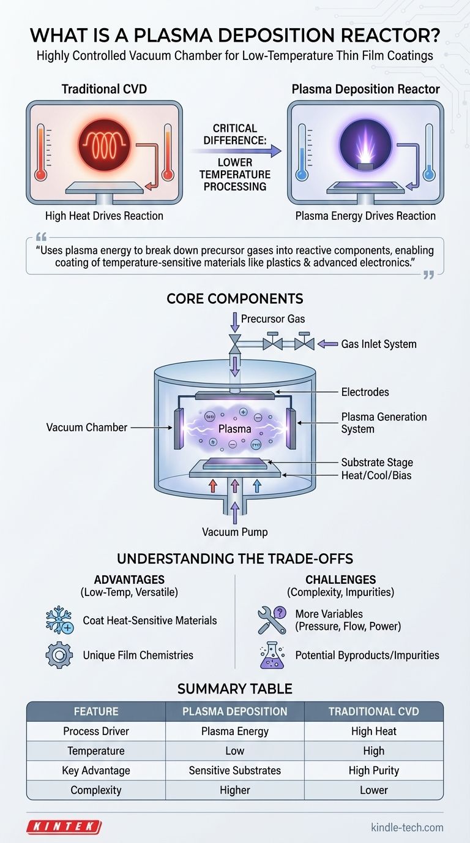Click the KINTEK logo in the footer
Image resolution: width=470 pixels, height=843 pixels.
64,826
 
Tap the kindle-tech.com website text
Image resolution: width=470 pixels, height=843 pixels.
407,827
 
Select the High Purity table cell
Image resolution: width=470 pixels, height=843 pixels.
373,770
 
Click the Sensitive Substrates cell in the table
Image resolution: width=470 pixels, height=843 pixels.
235,770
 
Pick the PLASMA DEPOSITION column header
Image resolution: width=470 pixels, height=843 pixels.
235,711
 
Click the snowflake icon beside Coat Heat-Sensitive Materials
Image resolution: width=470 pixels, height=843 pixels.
59,620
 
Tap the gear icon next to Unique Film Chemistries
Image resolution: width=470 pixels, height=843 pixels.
59,655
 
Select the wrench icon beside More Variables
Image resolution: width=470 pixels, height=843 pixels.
271,620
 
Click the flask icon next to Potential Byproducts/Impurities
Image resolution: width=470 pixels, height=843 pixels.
271,655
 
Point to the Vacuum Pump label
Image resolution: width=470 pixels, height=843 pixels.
235,532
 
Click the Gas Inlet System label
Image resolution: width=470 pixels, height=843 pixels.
379,344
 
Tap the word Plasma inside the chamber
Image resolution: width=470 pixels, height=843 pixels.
235,429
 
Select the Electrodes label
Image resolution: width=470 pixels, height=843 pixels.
365,391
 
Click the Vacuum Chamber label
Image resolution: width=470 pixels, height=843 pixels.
87,427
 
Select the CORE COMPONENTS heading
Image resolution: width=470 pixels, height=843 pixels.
235,299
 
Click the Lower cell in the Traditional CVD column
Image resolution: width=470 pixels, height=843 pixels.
373,790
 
